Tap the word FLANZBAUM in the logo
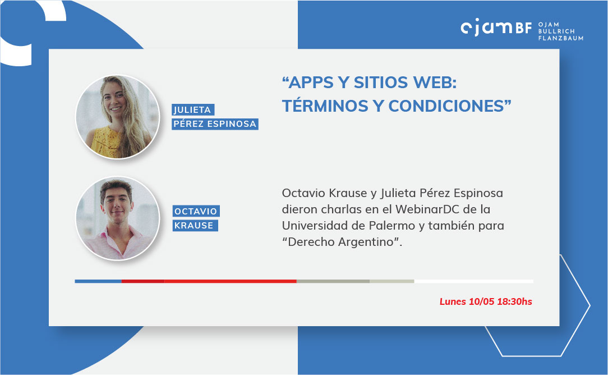561,38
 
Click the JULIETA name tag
193,110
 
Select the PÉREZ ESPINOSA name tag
215,124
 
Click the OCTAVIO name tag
196,211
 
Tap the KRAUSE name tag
195,226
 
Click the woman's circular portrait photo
117,117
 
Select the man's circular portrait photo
117,218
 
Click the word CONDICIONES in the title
446,106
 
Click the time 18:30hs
514,301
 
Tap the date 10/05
482,301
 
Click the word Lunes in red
453,301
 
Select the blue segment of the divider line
98,281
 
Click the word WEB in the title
435,83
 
